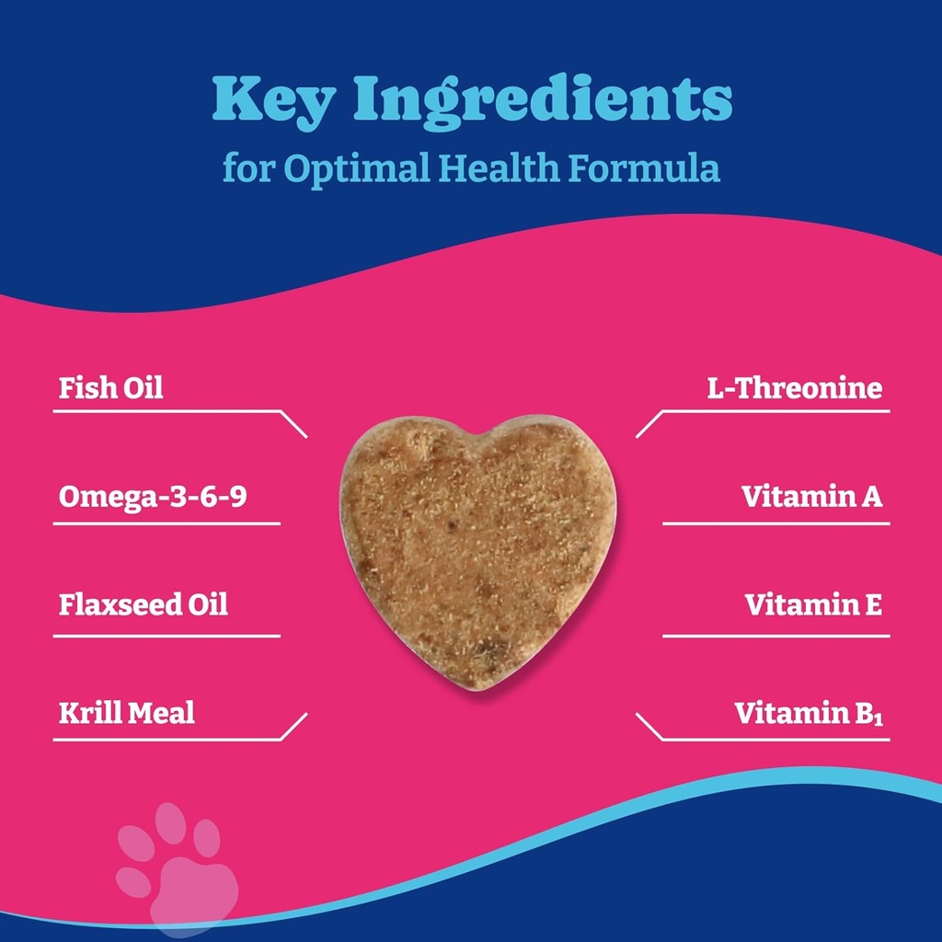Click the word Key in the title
273,102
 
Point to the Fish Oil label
111,387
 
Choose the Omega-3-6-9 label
153,497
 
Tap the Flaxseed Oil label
144,604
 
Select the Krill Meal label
127,712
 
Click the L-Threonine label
794,387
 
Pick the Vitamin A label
812,497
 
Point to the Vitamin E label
813,604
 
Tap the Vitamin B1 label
809,713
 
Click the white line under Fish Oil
166,411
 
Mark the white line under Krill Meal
166,740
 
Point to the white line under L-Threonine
773,411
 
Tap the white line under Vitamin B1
773,740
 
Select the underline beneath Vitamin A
775,523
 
